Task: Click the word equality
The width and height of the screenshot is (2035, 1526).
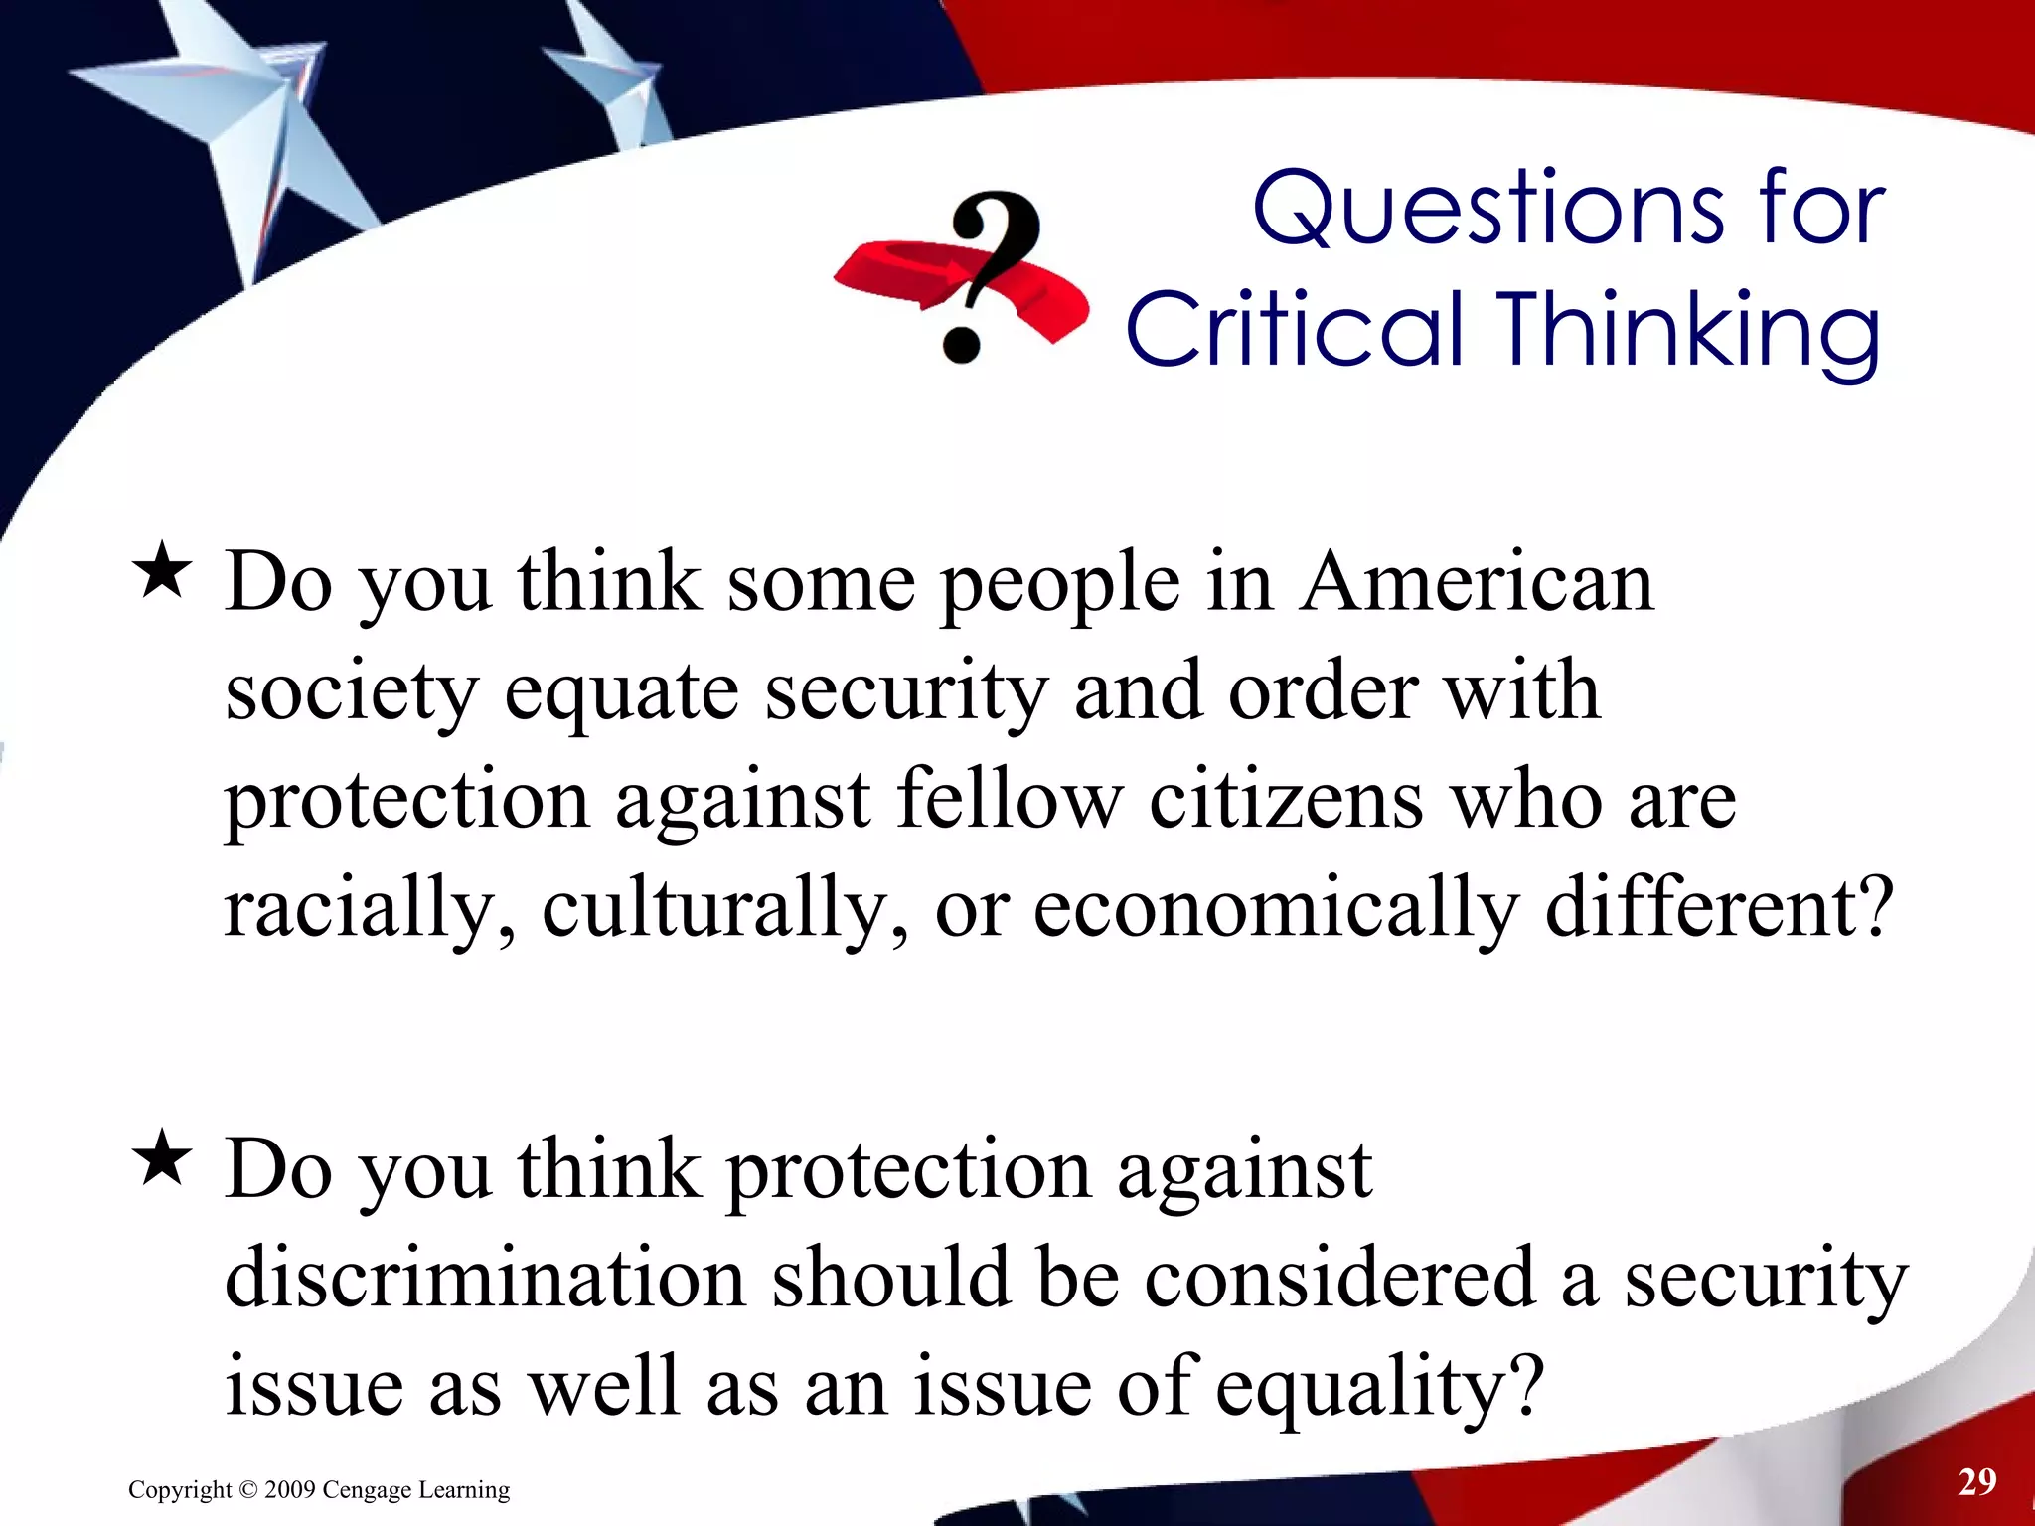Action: click(x=1380, y=1389)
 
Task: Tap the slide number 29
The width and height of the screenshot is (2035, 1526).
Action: click(x=1977, y=1482)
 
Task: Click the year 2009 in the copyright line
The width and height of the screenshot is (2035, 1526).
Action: click(x=290, y=1490)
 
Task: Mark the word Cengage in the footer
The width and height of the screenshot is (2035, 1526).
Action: click(x=366, y=1490)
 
